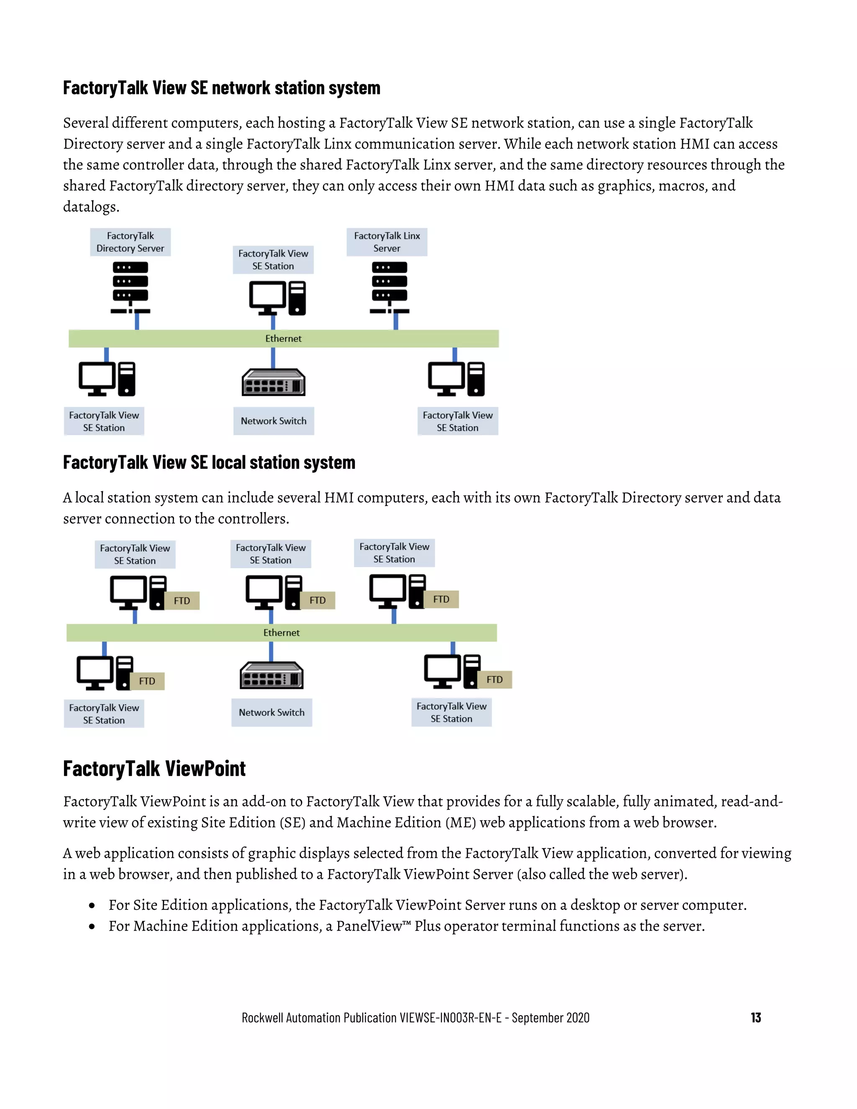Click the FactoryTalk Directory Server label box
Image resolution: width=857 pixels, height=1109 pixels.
pos(130,242)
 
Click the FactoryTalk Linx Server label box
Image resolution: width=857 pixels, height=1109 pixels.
pos(387,242)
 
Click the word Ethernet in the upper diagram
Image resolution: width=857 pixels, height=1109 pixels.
pos(283,339)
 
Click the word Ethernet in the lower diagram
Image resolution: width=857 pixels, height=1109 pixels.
pos(281,633)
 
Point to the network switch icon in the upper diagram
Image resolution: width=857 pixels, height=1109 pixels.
pos(273,383)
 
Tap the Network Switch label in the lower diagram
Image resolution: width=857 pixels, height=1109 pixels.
pos(272,712)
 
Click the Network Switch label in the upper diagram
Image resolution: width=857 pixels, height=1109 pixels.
pos(274,421)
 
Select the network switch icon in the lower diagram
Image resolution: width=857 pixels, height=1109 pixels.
pos(271,675)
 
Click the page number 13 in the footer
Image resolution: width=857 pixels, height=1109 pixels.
pos(755,1018)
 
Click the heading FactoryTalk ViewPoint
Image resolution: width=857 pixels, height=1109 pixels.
pos(154,769)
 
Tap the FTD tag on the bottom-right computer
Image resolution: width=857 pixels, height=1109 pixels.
pos(495,679)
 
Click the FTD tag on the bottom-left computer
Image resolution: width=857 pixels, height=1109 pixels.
pos(147,681)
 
